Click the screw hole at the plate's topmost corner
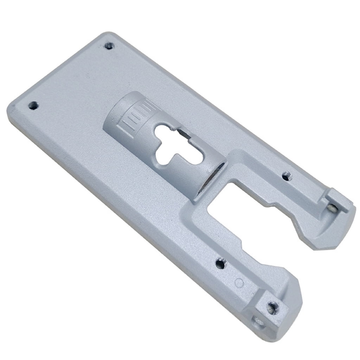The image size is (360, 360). click(x=109, y=46)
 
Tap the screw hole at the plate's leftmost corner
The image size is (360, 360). click(x=33, y=105)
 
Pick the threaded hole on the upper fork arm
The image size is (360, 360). click(x=287, y=176)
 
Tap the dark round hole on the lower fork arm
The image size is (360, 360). click(x=220, y=263)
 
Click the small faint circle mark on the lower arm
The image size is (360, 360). click(x=239, y=282)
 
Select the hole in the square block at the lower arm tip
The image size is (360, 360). click(x=272, y=308)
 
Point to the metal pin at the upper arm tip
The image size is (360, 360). click(x=332, y=208)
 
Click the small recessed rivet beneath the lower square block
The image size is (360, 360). click(x=258, y=321)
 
